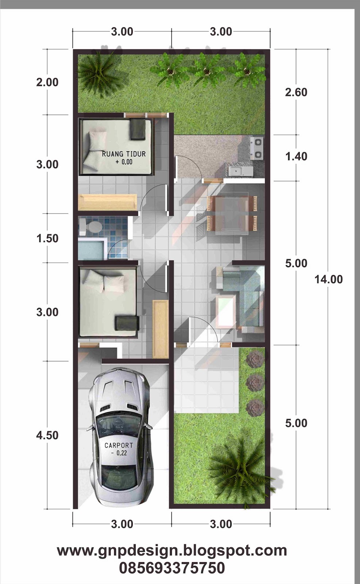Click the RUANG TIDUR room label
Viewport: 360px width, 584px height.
pyautogui.click(x=124, y=154)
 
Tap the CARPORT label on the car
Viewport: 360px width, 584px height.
pyautogui.click(x=119, y=445)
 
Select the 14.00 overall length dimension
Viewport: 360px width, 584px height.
pyautogui.click(x=329, y=279)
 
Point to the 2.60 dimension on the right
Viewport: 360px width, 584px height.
pyautogui.click(x=296, y=92)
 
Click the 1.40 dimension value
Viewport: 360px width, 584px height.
pyautogui.click(x=296, y=157)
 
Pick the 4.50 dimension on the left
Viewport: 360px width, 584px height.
pyautogui.click(x=47, y=435)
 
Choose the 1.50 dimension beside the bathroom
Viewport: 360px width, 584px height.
pyautogui.click(x=47, y=238)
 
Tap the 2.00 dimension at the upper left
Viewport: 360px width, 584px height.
pyautogui.click(x=47, y=82)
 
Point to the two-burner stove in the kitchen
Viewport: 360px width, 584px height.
pyautogui.click(x=256, y=148)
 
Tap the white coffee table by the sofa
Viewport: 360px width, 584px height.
pyautogui.click(x=226, y=311)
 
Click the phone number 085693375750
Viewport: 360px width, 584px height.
pyautogui.click(x=172, y=568)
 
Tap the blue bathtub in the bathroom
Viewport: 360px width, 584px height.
pyautogui.click(x=91, y=249)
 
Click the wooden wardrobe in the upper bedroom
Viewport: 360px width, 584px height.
pyautogui.click(x=108, y=202)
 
